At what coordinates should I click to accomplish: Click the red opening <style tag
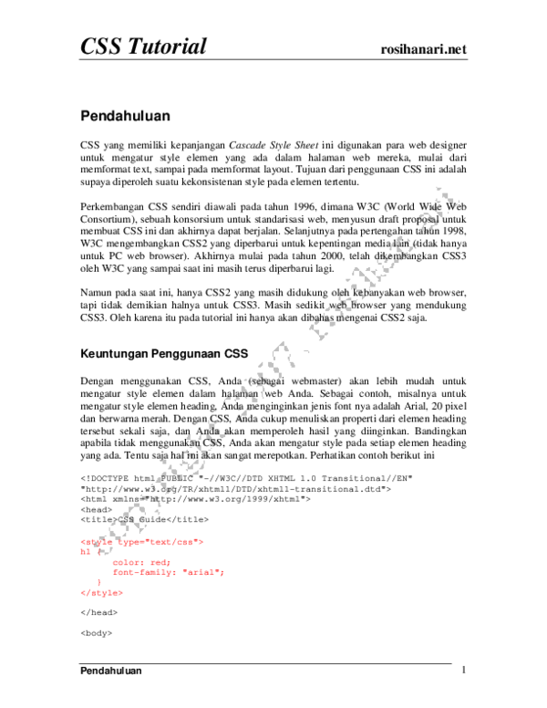pyautogui.click(x=96, y=542)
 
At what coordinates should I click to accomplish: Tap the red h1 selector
pyautogui.click(x=85, y=552)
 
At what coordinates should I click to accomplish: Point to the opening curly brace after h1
pyautogui.click(x=98, y=552)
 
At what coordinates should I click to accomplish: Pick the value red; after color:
pyautogui.click(x=160, y=563)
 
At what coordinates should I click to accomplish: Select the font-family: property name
pyautogui.click(x=145, y=573)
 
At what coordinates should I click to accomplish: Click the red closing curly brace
pyautogui.click(x=98, y=582)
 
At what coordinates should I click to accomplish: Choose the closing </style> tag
pyautogui.click(x=101, y=593)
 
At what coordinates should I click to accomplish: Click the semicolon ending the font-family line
pyautogui.click(x=222, y=573)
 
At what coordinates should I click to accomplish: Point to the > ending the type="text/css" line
pyautogui.click(x=201, y=542)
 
